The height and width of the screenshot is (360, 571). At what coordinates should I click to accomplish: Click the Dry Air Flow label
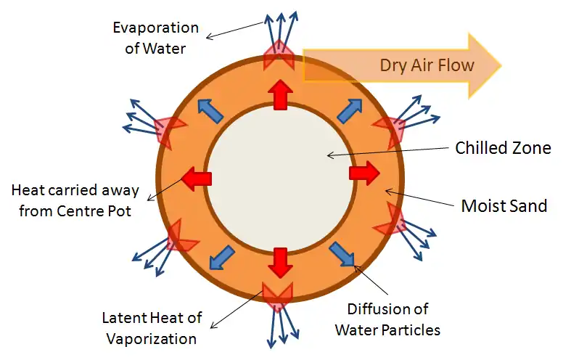click(x=427, y=65)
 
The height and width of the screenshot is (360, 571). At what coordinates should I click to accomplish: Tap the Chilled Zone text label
click(x=503, y=148)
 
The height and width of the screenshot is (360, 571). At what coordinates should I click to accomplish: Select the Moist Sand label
click(x=504, y=205)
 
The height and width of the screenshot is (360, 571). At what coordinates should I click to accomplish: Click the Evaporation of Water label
click(x=155, y=38)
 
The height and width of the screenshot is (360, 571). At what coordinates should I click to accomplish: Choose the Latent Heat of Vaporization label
click(x=152, y=328)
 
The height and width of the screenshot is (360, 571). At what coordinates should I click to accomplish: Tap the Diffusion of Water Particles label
click(x=387, y=319)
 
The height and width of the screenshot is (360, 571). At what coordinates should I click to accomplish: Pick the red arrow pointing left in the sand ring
click(x=196, y=178)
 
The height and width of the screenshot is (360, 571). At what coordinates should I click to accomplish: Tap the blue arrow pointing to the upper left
click(x=211, y=110)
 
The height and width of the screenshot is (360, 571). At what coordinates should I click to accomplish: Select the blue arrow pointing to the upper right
click(x=349, y=110)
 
